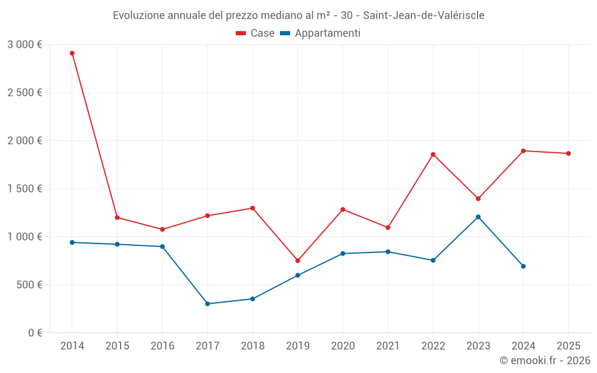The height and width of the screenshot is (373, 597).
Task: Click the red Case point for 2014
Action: coord(72,53)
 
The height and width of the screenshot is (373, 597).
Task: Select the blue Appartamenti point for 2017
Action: coord(207,304)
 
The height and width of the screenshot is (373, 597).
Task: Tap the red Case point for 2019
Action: coord(297,261)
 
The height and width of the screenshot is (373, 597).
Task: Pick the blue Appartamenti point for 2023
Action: coord(478,217)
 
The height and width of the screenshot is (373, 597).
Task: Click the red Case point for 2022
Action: coord(433,155)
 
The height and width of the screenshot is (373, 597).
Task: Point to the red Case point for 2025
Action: coord(568,153)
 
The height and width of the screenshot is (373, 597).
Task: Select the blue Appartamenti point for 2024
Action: coord(523,266)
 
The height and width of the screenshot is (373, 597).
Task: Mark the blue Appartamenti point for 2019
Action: coord(297,275)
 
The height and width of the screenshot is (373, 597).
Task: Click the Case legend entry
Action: coord(256,33)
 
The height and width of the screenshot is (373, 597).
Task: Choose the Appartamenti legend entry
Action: coord(321,33)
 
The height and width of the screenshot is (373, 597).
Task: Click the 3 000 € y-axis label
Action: coord(24,44)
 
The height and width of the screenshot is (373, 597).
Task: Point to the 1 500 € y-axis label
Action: coord(24,189)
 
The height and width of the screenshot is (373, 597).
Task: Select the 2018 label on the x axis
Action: coord(253,346)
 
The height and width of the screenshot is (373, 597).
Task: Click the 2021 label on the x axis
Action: coord(387,346)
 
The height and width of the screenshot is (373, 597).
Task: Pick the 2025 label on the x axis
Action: coord(568,346)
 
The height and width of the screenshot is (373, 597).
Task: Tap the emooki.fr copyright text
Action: coord(544,360)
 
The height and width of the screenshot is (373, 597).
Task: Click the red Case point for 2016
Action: coord(162,229)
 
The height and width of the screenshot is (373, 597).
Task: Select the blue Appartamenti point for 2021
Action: coord(387,252)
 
